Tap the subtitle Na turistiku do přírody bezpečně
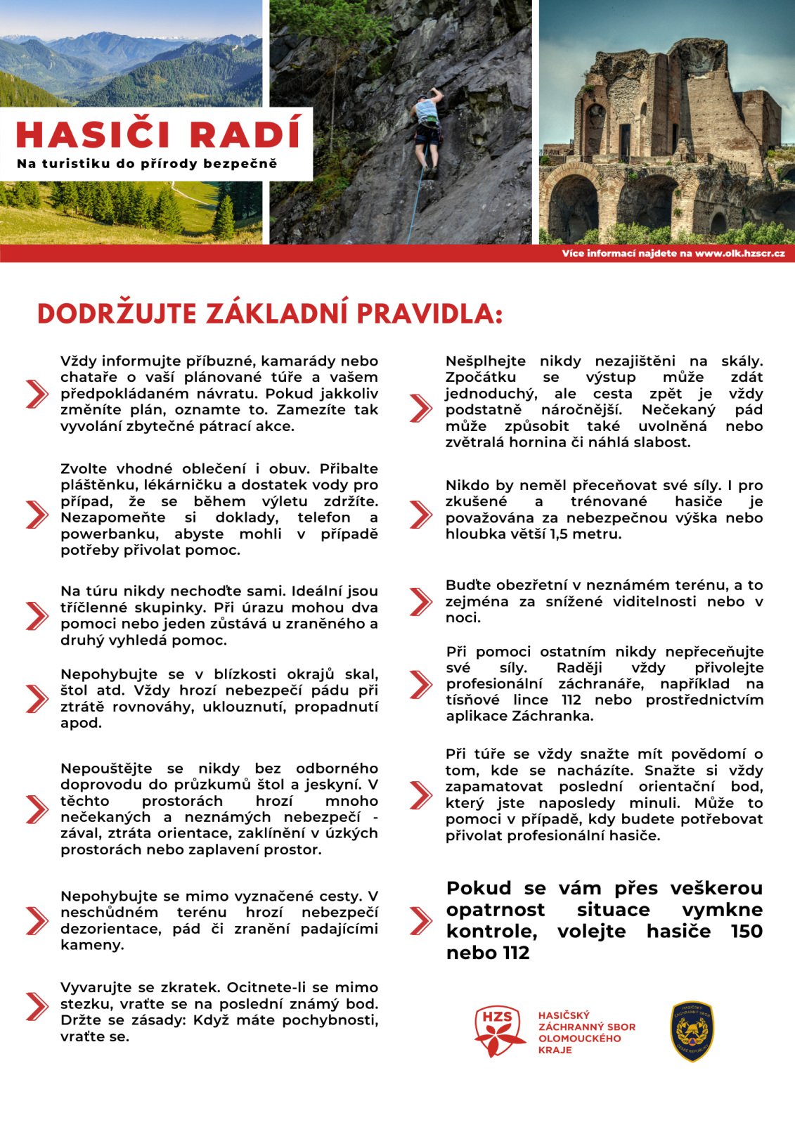147,164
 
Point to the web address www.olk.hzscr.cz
739,253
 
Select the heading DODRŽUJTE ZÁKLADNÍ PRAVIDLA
270,314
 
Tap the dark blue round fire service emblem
692,1031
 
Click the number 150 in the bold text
746,931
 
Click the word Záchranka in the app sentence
552,716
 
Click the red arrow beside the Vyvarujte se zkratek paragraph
37,1006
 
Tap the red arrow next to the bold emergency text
420,920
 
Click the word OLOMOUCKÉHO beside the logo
579,1038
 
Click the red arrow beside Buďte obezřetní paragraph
420,602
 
